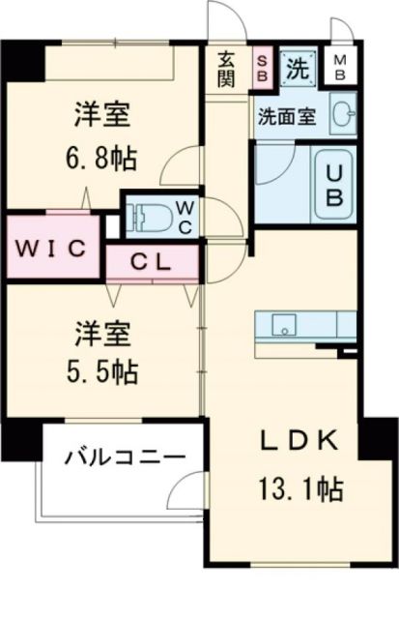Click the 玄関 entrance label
[226, 68]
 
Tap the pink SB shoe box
[262, 68]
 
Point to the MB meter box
[341, 68]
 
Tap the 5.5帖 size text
[102, 369]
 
